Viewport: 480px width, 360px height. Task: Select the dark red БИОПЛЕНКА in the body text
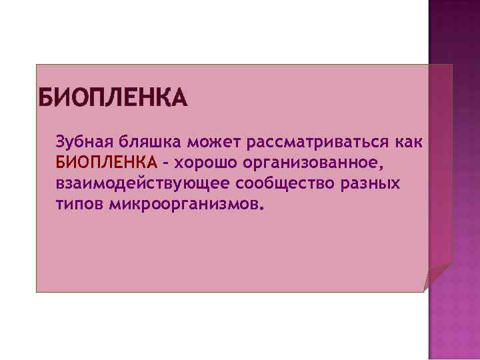(x=107, y=163)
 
